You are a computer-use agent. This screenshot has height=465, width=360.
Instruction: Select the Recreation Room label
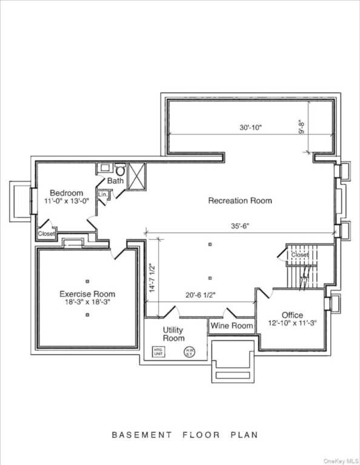coord(240,200)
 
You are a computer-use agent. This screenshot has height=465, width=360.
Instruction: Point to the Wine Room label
coord(232,326)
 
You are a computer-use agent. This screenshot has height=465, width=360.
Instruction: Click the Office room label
coord(292,315)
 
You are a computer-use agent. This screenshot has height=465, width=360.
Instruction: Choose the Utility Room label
coord(173,334)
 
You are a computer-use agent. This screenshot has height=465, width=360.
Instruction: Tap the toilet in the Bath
coord(120,171)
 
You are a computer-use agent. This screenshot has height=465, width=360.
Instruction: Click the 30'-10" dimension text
coord(250,128)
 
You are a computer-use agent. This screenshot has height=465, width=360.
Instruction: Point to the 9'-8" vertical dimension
coord(301,127)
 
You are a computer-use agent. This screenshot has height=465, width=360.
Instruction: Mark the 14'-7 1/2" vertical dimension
coord(153,278)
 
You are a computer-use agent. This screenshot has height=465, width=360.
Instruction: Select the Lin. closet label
coord(102,194)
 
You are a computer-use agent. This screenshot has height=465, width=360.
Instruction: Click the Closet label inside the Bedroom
coord(47,234)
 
